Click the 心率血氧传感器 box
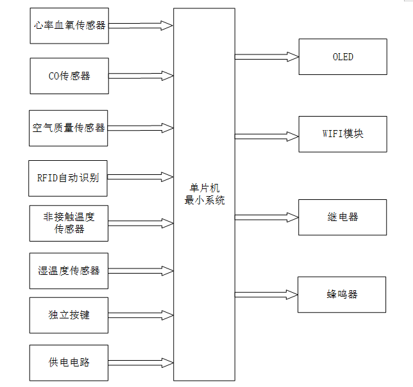[69, 26]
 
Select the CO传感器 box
[69, 76]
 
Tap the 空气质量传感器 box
[69, 128]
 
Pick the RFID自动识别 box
[68, 177]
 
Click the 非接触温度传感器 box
[69, 223]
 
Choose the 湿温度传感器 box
[69, 270]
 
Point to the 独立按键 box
[69, 315]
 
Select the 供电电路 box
[69, 363]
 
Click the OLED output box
[342, 56]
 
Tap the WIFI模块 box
[342, 134]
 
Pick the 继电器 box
[342, 217]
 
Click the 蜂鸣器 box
[342, 295]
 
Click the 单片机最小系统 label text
[204, 194]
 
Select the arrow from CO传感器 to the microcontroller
[141, 76]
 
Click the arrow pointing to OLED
[266, 57]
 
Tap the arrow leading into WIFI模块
[266, 136]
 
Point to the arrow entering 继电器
[266, 217]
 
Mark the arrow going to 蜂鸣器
[266, 295]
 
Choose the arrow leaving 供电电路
[141, 363]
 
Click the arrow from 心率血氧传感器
[141, 26]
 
